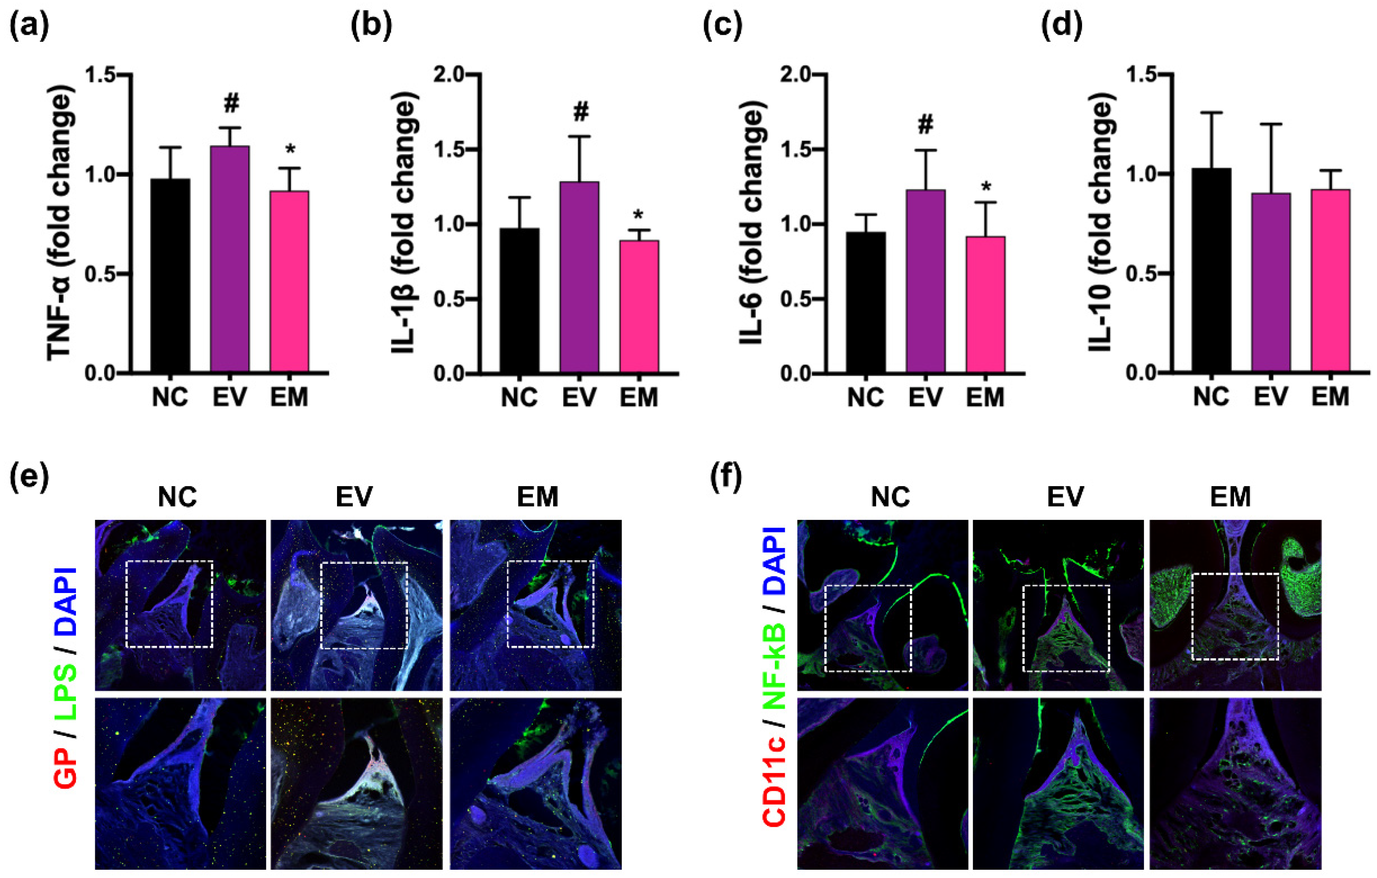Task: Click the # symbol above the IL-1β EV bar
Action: [580, 112]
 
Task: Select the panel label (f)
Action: [726, 478]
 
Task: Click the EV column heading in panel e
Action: [354, 497]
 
